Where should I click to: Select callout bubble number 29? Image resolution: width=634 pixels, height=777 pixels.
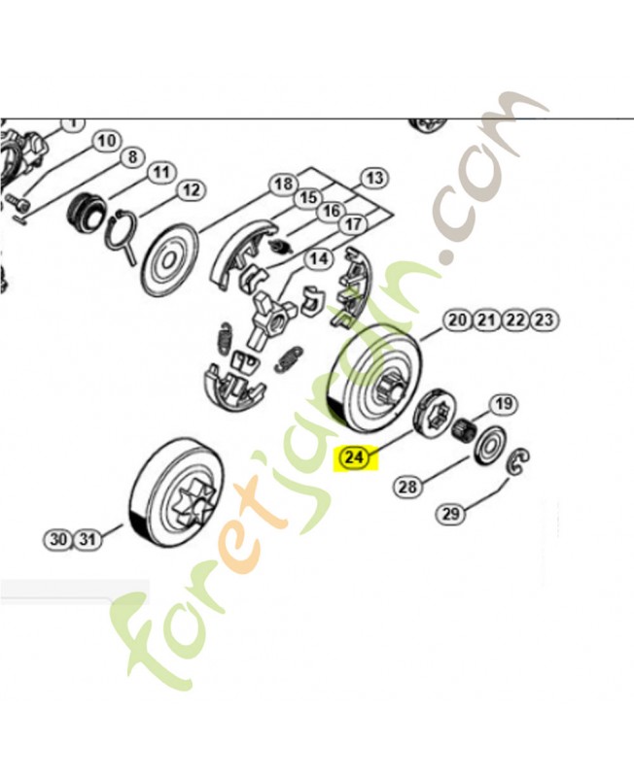(450, 514)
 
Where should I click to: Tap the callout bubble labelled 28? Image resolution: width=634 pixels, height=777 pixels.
(407, 486)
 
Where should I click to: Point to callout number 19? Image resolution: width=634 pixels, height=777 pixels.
(501, 404)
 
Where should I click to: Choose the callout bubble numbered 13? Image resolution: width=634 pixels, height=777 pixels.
(373, 178)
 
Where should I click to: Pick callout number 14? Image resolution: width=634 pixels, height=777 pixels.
(318, 259)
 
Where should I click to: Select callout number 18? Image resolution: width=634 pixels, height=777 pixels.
(282, 184)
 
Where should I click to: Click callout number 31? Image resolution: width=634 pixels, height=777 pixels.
(88, 539)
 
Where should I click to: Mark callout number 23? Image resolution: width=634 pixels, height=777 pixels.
(545, 320)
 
